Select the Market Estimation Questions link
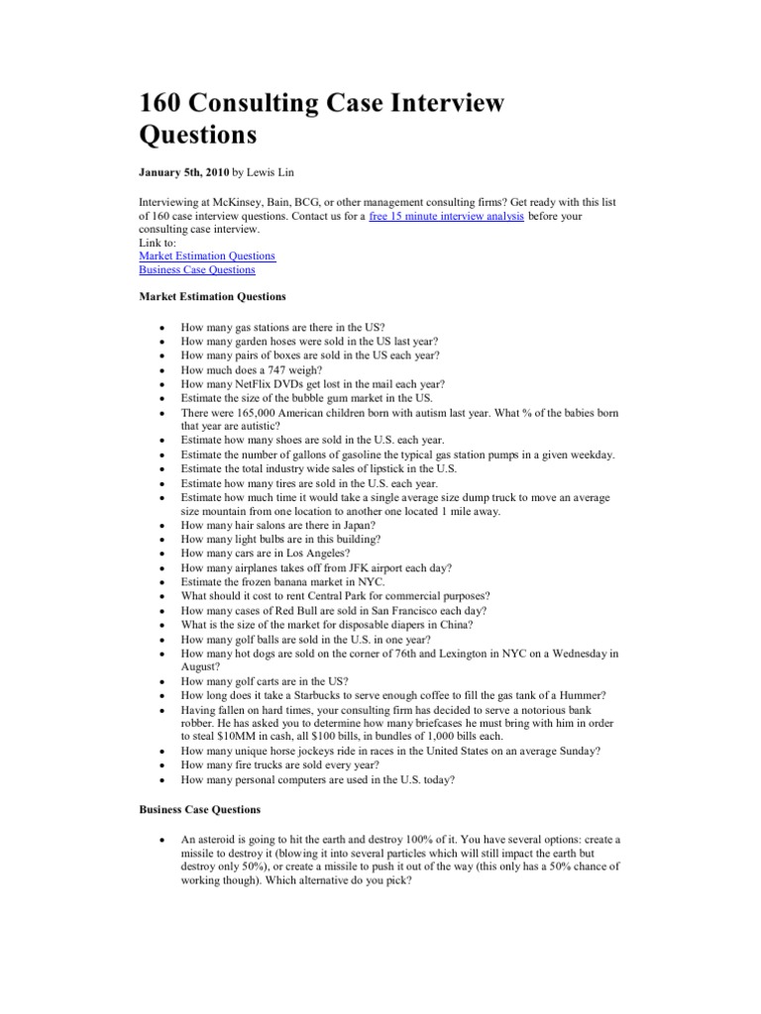click(207, 256)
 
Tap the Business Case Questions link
click(197, 269)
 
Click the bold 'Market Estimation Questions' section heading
click(212, 296)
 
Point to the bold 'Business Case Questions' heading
click(200, 810)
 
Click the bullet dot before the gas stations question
click(161, 327)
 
